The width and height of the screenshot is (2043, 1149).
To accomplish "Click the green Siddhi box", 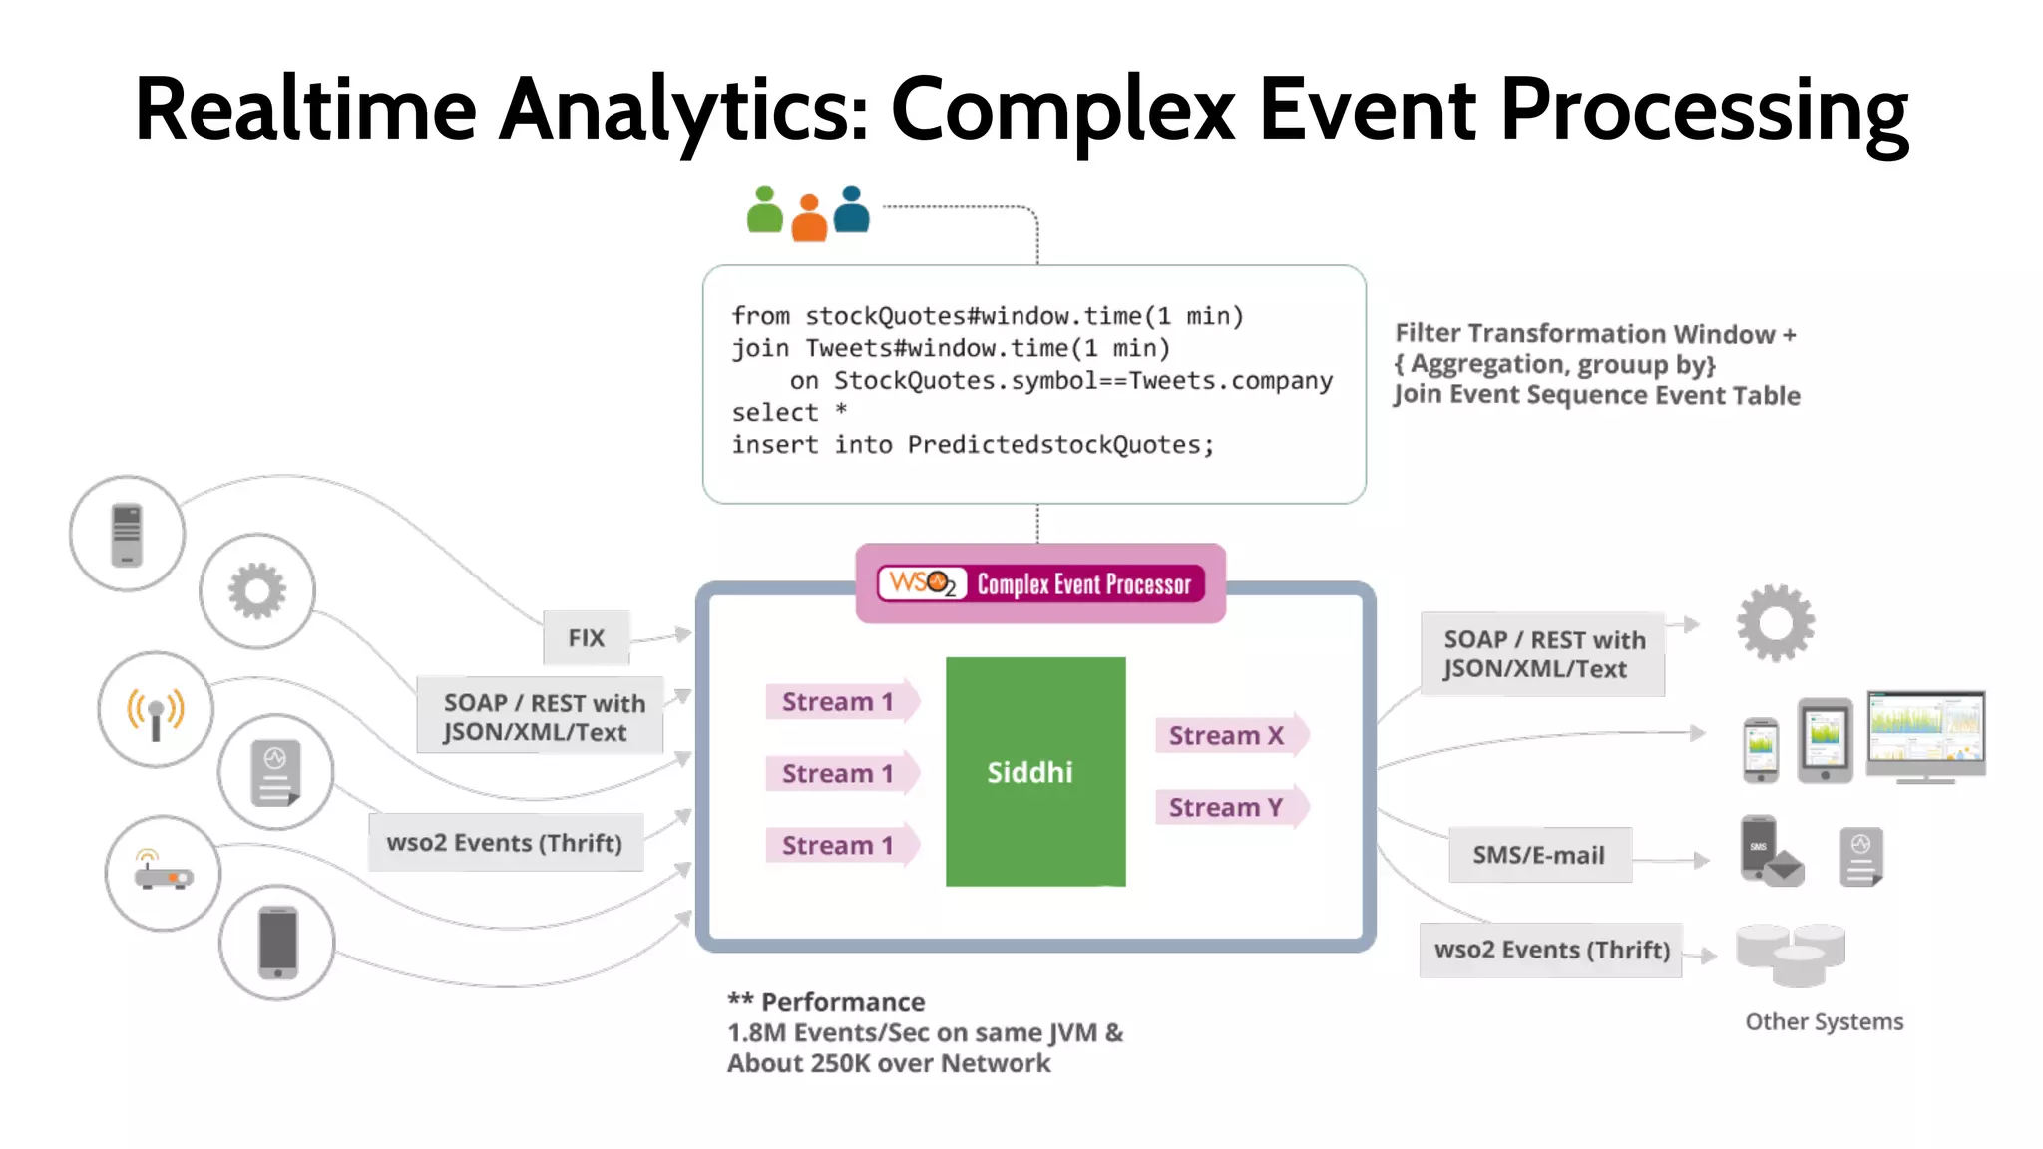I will (x=1035, y=771).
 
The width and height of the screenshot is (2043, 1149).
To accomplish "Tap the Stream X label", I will (x=1227, y=736).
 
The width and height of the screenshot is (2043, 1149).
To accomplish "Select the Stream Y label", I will (x=1227, y=807).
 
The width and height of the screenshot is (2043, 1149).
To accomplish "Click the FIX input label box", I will (x=587, y=638).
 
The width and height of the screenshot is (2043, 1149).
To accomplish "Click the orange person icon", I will (x=809, y=218).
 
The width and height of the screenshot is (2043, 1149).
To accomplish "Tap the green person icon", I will (x=765, y=210).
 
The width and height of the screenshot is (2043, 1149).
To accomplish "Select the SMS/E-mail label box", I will (x=1539, y=855).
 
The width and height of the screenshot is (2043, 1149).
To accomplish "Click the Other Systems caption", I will (x=1824, y=1021).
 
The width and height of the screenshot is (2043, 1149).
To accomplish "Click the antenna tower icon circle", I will (x=156, y=710).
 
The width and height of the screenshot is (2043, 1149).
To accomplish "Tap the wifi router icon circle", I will (x=163, y=874).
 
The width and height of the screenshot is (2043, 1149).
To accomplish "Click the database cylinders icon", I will (x=1792, y=954).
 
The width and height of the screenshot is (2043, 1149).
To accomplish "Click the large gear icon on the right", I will (x=1776, y=623).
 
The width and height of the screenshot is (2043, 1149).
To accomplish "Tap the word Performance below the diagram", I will (x=843, y=1002).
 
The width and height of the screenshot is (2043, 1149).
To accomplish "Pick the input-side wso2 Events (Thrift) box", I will (x=505, y=843).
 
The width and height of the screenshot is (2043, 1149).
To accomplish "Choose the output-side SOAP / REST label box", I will (x=1543, y=654).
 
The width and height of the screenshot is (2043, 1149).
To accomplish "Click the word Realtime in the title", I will (x=305, y=110).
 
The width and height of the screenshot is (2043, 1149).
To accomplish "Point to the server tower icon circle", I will (x=127, y=534).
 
